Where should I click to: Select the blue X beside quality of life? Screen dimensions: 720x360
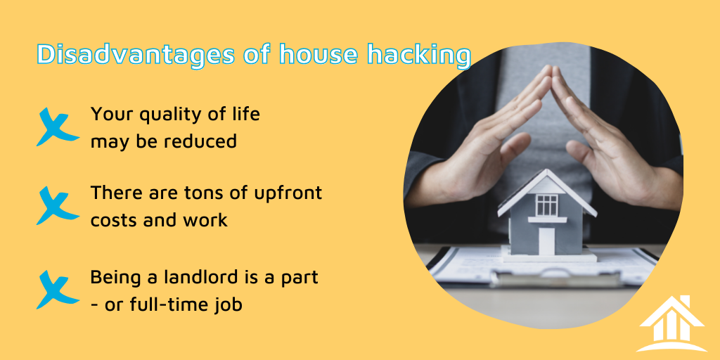[x=57, y=127]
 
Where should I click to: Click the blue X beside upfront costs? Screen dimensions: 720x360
[x=57, y=205]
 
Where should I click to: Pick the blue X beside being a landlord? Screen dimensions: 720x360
[x=57, y=289]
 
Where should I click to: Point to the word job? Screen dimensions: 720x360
[x=231, y=305]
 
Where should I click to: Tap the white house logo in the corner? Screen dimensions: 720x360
[x=671, y=323]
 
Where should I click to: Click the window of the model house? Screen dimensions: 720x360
[x=546, y=205]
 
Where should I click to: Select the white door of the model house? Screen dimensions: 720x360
[x=547, y=240]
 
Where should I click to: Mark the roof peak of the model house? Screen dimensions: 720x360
[x=547, y=170]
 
